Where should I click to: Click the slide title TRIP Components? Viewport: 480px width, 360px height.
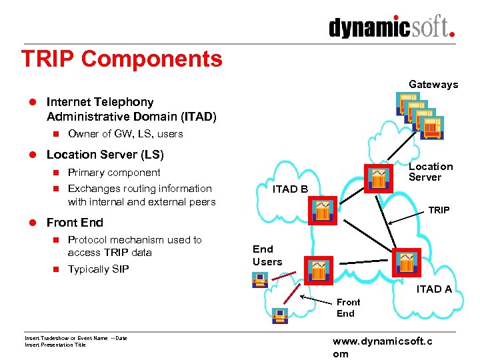pos(121,59)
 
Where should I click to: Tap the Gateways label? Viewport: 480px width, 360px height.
pos(433,84)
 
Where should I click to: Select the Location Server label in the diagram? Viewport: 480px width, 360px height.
pos(430,171)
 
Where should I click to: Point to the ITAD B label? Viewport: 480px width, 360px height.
pos(290,189)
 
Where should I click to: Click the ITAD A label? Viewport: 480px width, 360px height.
pos(434,289)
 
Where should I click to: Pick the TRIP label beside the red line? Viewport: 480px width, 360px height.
pos(439,210)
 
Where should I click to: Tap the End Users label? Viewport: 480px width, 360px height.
pos(267,255)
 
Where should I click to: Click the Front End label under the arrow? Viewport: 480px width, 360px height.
pos(348,307)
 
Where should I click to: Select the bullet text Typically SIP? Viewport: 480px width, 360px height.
pos(98,269)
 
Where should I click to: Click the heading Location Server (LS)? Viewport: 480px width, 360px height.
pos(105,155)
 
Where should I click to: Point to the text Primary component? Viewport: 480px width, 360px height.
pos(114,173)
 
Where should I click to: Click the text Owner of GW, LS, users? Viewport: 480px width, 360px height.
pos(125,133)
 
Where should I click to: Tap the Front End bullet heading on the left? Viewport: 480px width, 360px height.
pos(75,222)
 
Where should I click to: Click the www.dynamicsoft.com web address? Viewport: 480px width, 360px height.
pos(382,347)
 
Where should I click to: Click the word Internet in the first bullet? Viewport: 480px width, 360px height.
pos(69,102)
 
